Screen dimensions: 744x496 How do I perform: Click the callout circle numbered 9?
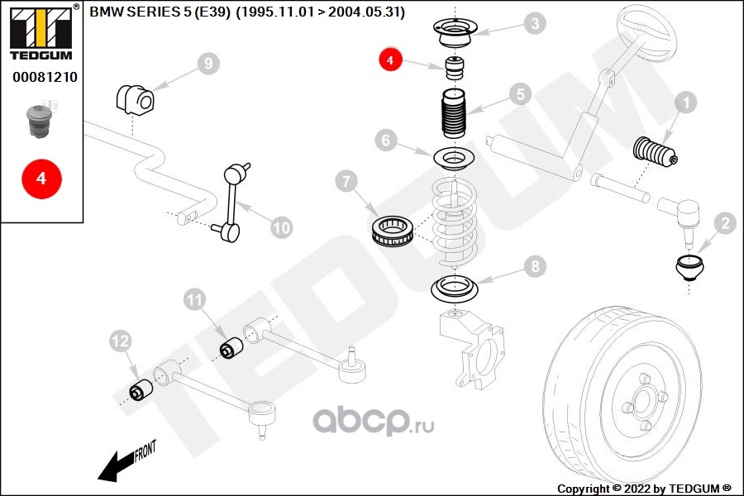[208, 63]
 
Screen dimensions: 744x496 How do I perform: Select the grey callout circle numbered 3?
[536, 23]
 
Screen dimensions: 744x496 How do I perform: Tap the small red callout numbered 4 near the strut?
[390, 60]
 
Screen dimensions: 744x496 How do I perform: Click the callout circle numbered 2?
[724, 222]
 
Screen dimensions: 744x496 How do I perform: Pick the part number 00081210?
[45, 77]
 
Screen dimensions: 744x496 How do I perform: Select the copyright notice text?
[644, 489]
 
